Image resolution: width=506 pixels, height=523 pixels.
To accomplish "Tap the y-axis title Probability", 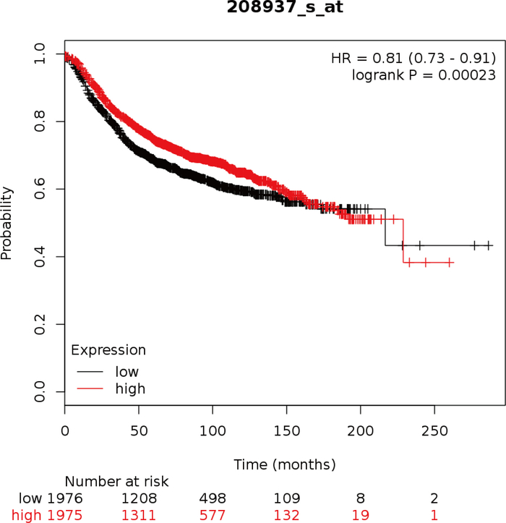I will [x=7, y=223].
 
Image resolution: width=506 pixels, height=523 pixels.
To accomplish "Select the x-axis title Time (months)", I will [x=285, y=464].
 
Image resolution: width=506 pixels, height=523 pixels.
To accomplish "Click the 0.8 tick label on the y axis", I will [x=40, y=122].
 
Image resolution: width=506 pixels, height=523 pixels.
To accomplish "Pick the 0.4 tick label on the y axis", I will [x=40, y=257].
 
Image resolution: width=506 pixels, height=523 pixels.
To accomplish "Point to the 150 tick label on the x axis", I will [x=286, y=430].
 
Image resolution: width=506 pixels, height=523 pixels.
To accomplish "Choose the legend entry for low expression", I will [x=127, y=372].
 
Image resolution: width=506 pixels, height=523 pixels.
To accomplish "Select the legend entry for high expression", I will [x=130, y=389].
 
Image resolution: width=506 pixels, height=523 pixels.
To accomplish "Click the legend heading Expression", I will [x=108, y=351].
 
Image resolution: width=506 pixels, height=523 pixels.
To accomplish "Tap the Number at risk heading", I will [x=116, y=481].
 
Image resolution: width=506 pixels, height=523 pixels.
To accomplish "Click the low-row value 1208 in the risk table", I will [x=140, y=498].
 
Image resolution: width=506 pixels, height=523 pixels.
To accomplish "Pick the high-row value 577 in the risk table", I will [x=213, y=514].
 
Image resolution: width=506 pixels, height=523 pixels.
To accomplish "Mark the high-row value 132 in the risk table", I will [x=286, y=514].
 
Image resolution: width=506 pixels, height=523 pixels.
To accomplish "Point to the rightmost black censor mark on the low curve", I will [x=489, y=246].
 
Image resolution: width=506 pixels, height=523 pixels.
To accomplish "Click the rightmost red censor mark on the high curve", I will [x=450, y=262].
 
